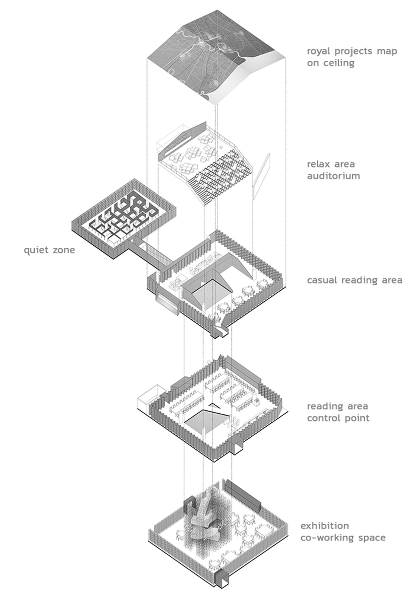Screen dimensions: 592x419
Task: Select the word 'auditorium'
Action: click(333, 175)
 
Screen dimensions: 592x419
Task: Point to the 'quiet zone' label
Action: click(49, 250)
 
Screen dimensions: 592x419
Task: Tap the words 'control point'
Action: click(338, 418)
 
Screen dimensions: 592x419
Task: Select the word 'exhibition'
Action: click(325, 525)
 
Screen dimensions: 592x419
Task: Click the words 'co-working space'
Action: click(343, 537)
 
